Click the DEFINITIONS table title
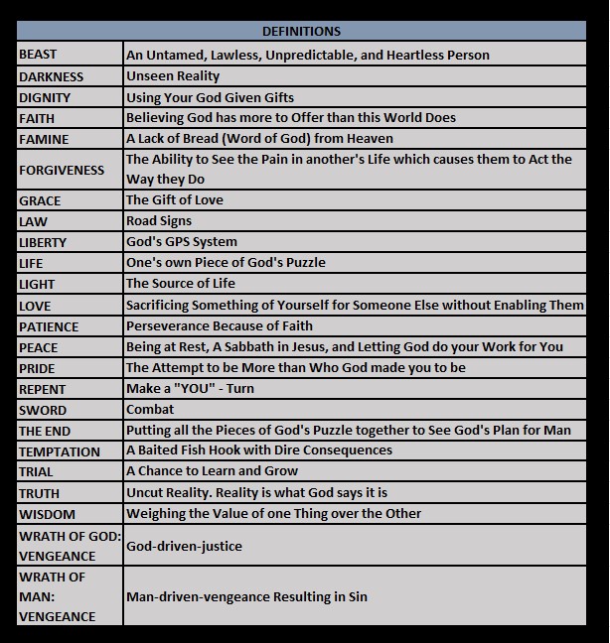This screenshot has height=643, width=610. (302, 32)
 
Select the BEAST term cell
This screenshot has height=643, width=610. (38, 55)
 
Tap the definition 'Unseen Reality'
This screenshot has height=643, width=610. (173, 75)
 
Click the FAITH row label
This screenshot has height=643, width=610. (37, 118)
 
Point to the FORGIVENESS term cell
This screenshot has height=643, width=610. (62, 170)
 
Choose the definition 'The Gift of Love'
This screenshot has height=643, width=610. (175, 199)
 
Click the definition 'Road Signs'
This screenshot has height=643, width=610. (159, 220)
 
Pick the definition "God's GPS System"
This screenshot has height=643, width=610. (182, 241)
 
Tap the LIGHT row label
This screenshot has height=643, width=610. (37, 284)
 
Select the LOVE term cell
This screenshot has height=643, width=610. (35, 306)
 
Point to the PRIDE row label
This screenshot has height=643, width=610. (38, 368)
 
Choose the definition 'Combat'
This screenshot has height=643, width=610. (150, 409)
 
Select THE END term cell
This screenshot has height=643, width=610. (45, 432)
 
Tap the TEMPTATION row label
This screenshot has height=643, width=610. (60, 451)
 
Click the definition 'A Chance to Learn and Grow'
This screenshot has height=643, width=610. (212, 470)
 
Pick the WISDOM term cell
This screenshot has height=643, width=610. (47, 514)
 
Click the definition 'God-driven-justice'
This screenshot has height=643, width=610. (184, 546)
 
